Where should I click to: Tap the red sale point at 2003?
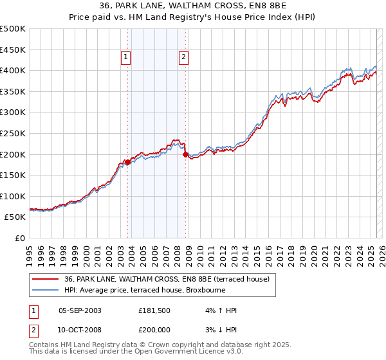pos(127,162)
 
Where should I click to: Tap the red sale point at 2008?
pos(185,154)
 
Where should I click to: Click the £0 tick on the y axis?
pos(21,238)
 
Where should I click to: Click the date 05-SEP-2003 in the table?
pos(80,310)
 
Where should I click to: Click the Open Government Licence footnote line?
pos(136,352)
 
